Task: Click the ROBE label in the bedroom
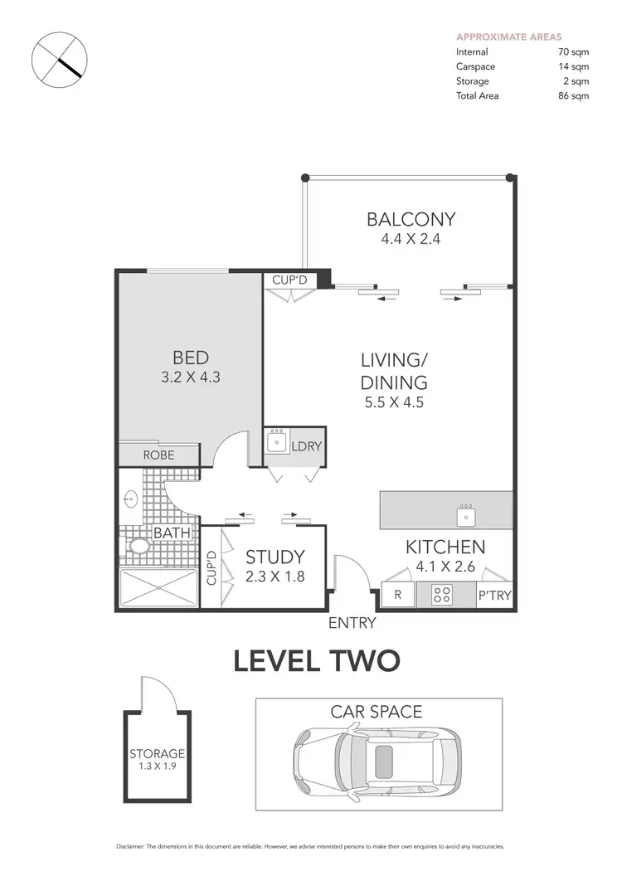click(158, 455)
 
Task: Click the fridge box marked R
click(398, 595)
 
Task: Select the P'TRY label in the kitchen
click(494, 595)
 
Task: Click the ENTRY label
click(352, 623)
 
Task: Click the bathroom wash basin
click(129, 499)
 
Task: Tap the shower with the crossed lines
click(159, 588)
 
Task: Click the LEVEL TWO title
click(317, 661)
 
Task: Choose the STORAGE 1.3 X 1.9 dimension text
click(157, 767)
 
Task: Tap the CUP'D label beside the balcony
click(289, 280)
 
